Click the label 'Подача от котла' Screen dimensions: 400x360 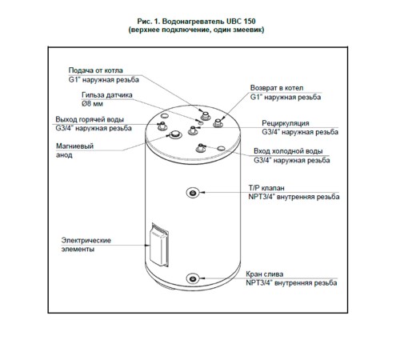coord(95,70)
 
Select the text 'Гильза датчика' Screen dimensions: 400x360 coord(107,95)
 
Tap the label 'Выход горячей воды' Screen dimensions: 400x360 coord(90,119)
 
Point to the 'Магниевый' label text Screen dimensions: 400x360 coord(74,146)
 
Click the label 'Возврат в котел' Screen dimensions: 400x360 coord(277,88)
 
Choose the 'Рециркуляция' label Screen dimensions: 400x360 coord(286,123)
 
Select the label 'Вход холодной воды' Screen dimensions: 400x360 coord(288,151)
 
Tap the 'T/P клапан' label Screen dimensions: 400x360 coord(266,188)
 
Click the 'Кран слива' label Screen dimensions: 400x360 coord(265,274)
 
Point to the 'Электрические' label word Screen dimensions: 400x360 coord(86,240)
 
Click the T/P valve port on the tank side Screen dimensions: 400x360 coord(193,193)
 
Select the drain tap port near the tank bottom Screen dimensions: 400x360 coord(193,279)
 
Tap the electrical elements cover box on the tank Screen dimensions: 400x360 coord(159,245)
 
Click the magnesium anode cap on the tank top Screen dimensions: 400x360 coord(175,134)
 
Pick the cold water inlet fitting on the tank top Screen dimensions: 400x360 coord(201,148)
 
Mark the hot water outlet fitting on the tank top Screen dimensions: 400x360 coord(162,126)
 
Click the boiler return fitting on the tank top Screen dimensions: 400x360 coord(218,123)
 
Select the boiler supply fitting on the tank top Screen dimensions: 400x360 coord(205,116)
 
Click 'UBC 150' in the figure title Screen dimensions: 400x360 coord(241,22)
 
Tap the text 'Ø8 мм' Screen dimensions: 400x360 coord(92,104)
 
